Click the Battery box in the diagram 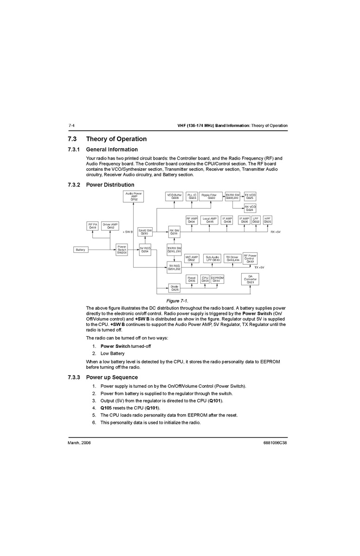[81, 250]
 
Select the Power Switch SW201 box [122, 249]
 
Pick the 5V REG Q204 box [145, 249]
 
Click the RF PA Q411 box [93, 226]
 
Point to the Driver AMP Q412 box [110, 226]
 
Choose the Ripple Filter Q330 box [212, 197]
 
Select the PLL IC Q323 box [192, 197]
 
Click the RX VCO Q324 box [250, 208]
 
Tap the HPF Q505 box [268, 220]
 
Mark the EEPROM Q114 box [217, 279]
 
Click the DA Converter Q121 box [250, 279]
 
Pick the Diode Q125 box [174, 288]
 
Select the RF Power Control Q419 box [250, 258]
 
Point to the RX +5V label [276, 231]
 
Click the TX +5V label [259, 268]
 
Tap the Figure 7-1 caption [180, 301]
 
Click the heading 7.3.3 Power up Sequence [103, 377]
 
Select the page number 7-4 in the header [71, 126]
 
